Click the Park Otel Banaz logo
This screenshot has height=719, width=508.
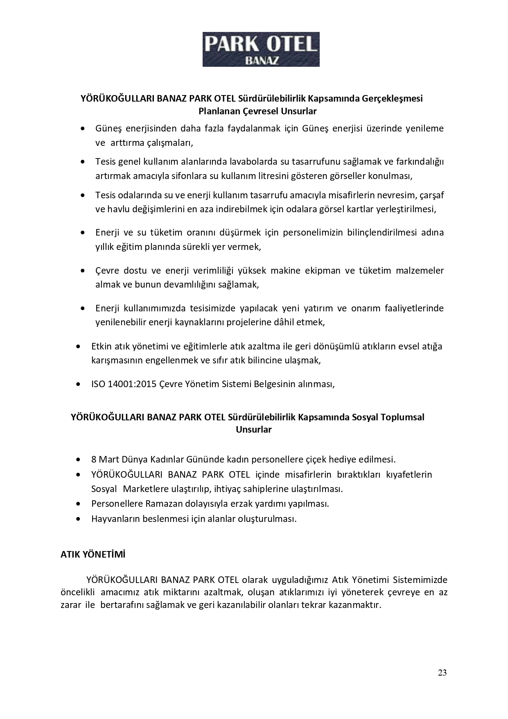(261, 49)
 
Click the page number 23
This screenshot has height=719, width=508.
(442, 672)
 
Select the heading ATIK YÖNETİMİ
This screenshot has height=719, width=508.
(93, 554)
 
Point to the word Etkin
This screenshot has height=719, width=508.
(102, 346)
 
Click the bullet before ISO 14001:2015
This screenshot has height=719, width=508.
(78, 385)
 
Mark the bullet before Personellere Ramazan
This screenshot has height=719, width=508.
(78, 504)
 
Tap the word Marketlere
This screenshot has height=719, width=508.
(144, 489)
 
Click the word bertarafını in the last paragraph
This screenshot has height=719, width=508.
(121, 605)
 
